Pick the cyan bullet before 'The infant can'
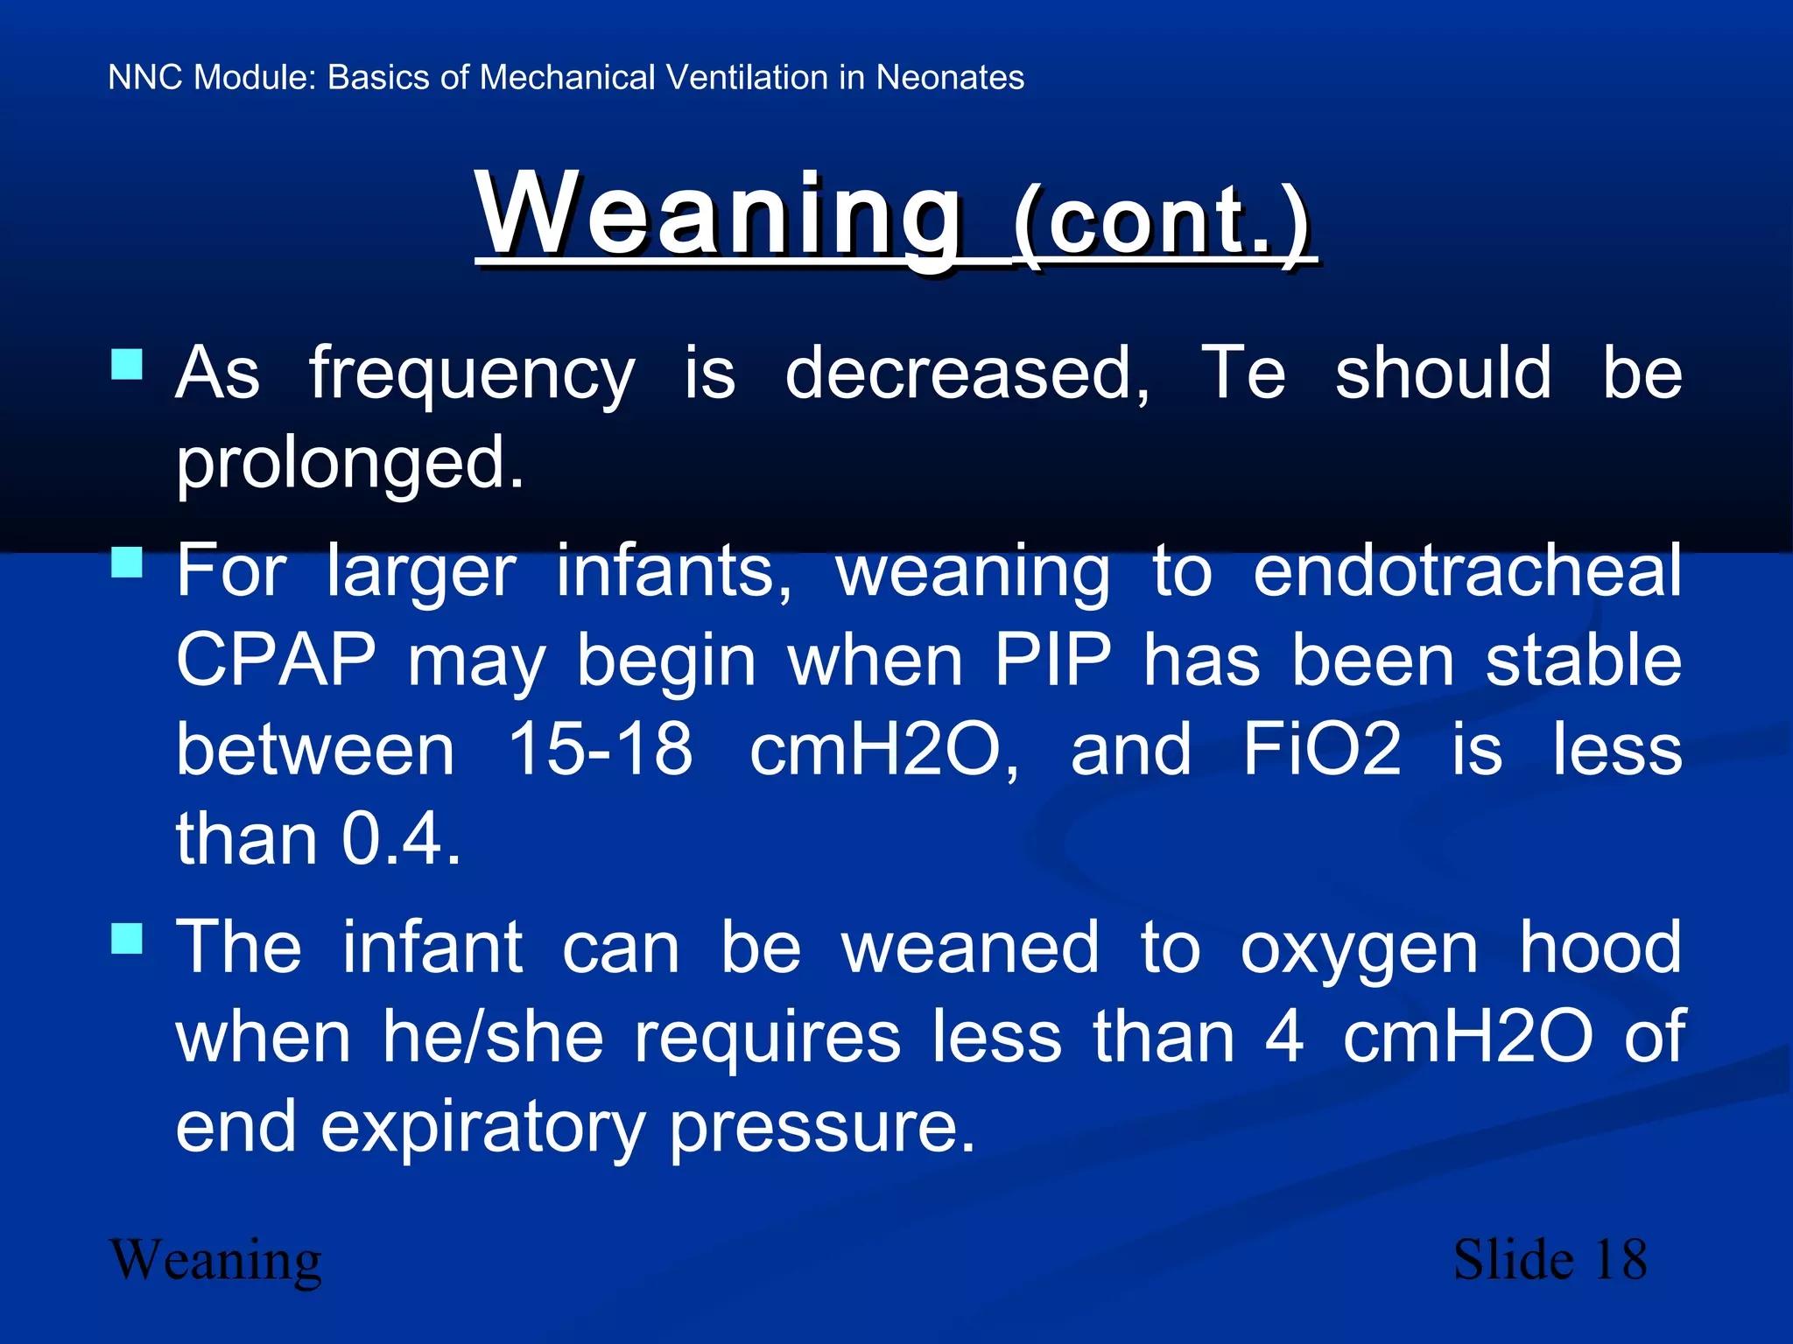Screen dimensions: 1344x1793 pos(128,939)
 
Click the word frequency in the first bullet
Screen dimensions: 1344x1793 pos(471,374)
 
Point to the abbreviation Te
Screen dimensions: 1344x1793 pos(1243,373)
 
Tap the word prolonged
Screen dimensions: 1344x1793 pos(350,464)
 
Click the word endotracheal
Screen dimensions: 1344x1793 pos(1467,570)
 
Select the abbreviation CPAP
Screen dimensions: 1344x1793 pos(277,661)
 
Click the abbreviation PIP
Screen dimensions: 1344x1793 pos(1052,661)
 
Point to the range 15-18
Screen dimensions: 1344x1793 pos(601,750)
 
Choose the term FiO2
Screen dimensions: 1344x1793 pos(1322,750)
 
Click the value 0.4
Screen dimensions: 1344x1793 pos(401,839)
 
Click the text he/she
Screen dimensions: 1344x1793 pos(494,1038)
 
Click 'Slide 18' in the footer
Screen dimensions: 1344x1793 pos(1550,1260)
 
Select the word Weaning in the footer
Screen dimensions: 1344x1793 pos(215,1262)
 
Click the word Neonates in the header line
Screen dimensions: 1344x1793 pos(950,78)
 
